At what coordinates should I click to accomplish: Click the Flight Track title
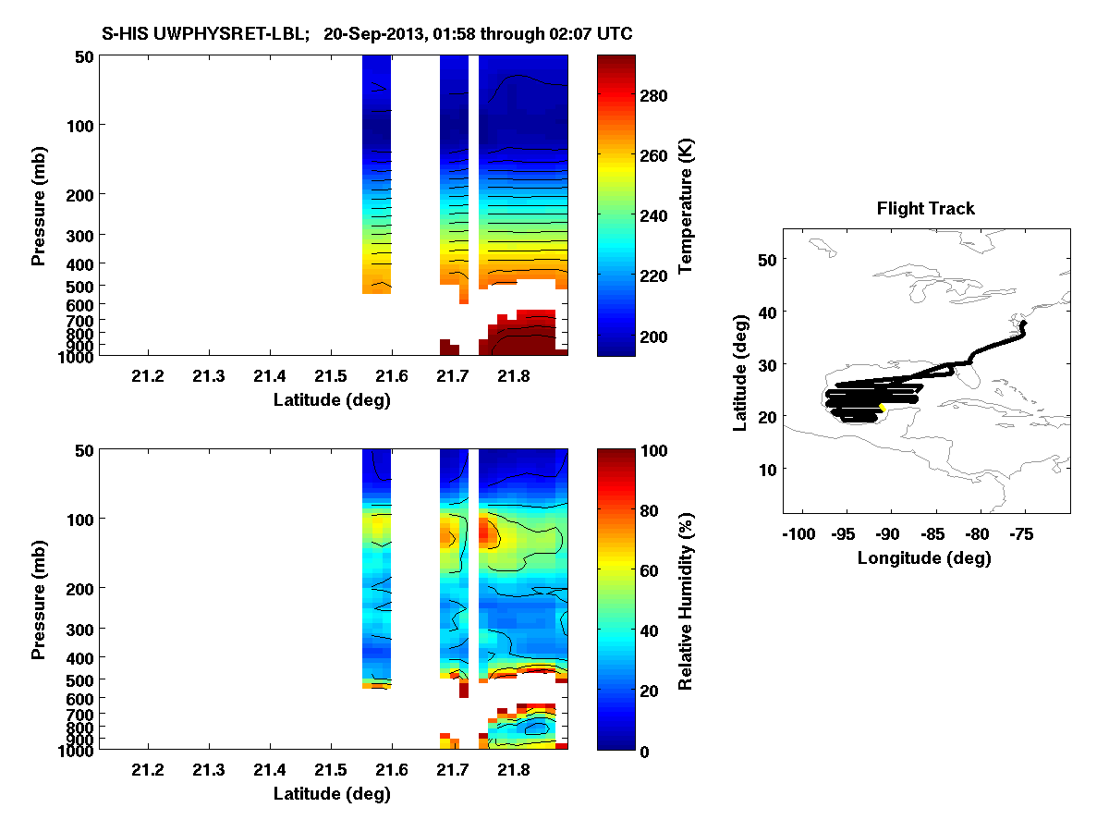925,209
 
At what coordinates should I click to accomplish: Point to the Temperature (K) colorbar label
686,205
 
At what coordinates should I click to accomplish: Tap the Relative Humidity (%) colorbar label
686,600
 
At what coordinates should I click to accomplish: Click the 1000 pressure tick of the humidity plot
74,751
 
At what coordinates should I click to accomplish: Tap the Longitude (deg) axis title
924,558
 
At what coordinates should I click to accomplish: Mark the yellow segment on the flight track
883,407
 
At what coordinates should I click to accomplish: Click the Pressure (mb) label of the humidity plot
39,600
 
